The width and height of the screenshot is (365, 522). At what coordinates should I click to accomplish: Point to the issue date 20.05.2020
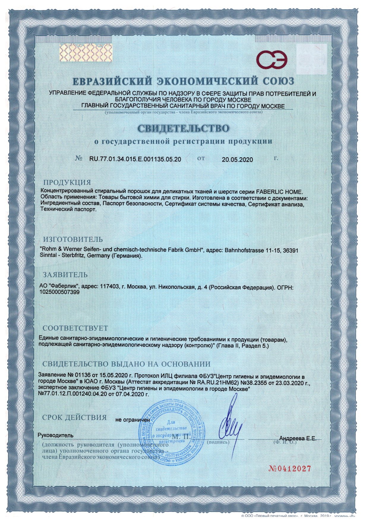237,160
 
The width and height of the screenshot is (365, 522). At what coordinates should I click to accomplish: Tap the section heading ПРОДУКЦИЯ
67,182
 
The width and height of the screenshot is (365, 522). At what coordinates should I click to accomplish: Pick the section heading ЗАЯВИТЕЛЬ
65,274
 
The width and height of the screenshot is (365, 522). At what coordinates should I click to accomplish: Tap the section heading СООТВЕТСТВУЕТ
75,328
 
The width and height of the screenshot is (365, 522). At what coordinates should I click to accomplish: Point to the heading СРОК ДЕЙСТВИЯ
75,417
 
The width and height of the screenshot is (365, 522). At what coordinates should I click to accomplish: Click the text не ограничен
132,420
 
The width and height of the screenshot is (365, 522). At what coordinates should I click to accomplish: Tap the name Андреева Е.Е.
298,438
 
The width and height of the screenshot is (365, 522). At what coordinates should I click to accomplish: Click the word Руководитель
56,435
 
